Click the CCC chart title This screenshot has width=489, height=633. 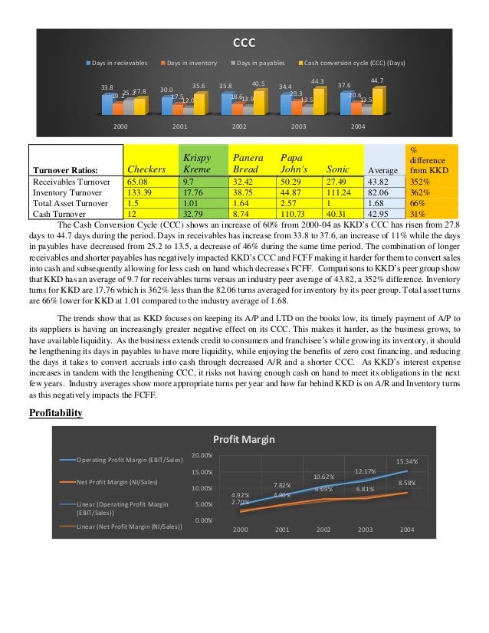pos(244,42)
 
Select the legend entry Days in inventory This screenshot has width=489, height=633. pos(192,63)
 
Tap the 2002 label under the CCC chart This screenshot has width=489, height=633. pos(239,126)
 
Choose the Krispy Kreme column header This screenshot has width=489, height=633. pos(197,162)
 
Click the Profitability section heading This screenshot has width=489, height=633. pos(56,413)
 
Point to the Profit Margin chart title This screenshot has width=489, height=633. pos(245,439)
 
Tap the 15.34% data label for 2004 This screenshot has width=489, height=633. pos(407,461)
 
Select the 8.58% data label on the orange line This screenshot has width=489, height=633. pos(407,484)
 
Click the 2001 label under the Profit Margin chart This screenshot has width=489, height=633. pos(282,530)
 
